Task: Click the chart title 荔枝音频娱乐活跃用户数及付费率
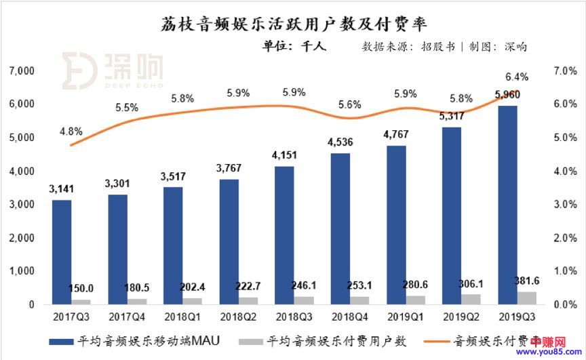pos(294,25)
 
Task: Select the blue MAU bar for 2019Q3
pos(507,203)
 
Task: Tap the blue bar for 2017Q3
pos(62,251)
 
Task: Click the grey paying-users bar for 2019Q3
pos(527,298)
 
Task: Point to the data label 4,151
pos(284,155)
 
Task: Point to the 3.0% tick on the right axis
pos(565,205)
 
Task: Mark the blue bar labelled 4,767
pos(397,224)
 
